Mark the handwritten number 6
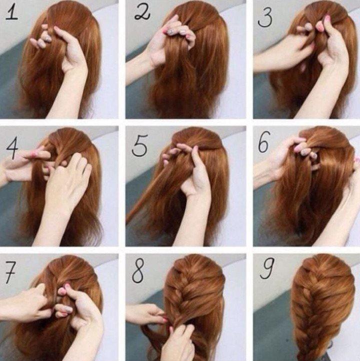click(x=264, y=144)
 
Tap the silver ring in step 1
click(x=48, y=37)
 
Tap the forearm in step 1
click(x=70, y=95)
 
